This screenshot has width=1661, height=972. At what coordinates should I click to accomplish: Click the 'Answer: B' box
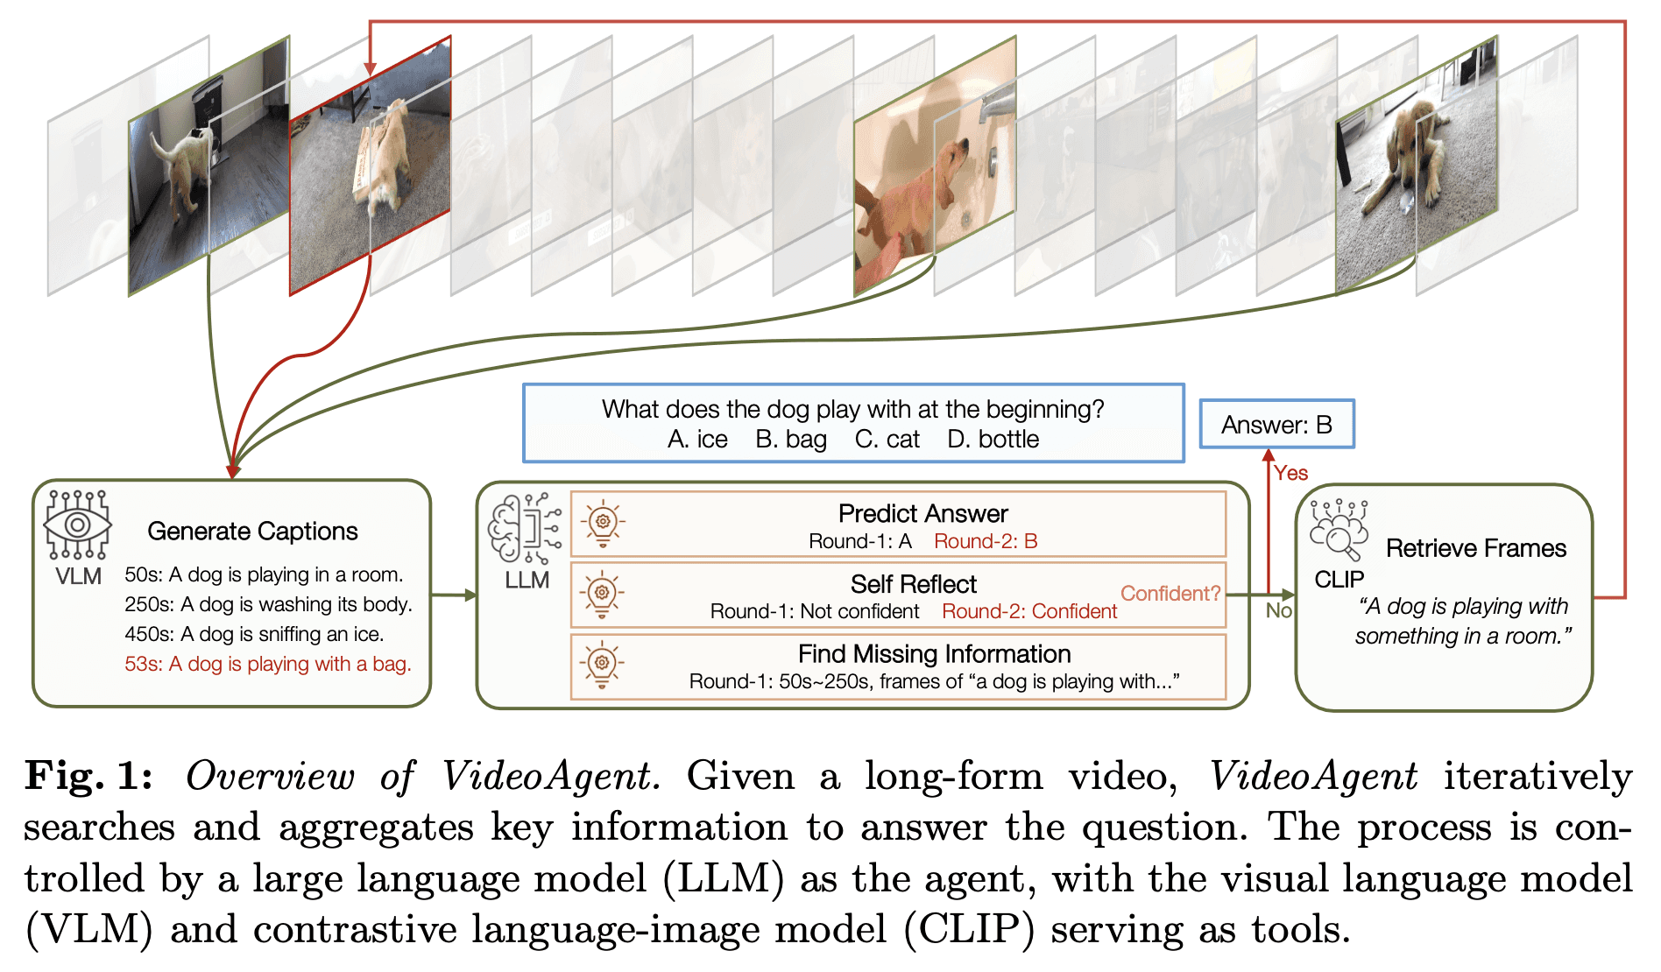tap(1276, 425)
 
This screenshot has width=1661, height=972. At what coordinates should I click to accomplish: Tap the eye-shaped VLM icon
tap(78, 525)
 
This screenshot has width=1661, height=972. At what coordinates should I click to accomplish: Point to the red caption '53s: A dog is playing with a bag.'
tap(268, 664)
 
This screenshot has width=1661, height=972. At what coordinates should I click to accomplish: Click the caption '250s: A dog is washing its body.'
tap(268, 604)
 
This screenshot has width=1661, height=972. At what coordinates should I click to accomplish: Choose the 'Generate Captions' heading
tap(252, 532)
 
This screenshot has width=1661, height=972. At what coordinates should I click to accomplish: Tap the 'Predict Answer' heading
tap(923, 513)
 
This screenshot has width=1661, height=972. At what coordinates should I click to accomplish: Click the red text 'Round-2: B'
tap(986, 541)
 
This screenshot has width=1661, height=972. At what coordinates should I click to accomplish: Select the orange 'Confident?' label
tap(1170, 594)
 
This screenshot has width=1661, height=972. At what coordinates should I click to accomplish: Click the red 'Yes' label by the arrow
tap(1291, 473)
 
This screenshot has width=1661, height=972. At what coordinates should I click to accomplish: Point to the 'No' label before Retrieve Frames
tap(1279, 610)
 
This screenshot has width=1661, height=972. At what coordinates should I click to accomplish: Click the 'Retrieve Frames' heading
tap(1476, 548)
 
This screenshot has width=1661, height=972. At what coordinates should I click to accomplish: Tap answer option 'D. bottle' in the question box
tap(993, 440)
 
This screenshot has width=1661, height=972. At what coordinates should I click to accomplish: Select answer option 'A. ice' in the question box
tap(697, 440)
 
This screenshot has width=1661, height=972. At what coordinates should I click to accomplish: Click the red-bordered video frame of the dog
tap(371, 165)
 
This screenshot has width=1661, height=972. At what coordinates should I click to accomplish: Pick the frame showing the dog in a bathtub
tap(935, 165)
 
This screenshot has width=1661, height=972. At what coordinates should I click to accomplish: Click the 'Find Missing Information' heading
tap(934, 654)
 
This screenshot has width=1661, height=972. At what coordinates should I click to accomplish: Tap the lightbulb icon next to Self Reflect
tap(602, 594)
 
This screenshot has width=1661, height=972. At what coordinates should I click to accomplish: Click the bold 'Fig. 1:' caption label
tap(88, 776)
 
